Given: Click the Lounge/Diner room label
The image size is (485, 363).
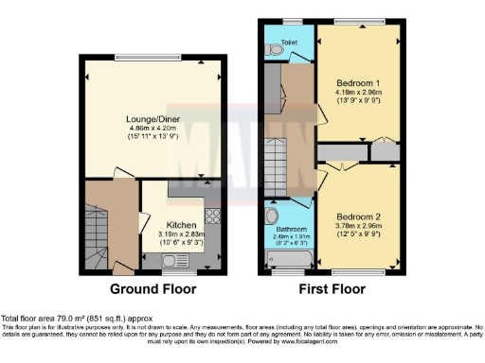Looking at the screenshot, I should pyautogui.click(x=154, y=119).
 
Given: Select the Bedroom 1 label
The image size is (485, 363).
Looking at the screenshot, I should pyautogui.click(x=355, y=83).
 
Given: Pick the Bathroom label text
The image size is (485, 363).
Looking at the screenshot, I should pyautogui.click(x=291, y=229).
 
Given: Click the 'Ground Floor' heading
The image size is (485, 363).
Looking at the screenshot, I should pyautogui.click(x=154, y=288).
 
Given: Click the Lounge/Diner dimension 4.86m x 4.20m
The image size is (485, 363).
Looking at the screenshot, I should pyautogui.click(x=154, y=130).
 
